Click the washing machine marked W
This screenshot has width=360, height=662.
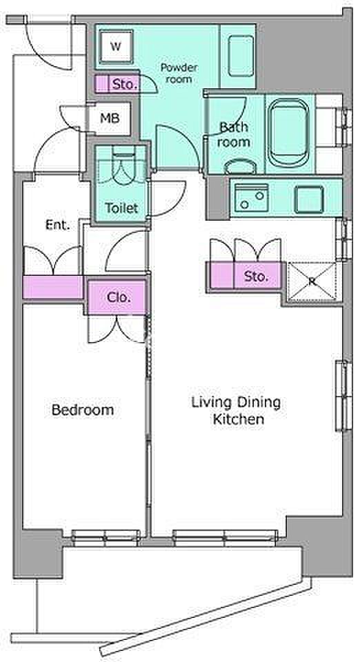point(116,46)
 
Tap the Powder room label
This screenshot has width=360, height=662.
point(179,73)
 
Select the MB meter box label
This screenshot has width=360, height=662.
point(109,119)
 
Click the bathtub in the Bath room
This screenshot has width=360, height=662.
point(289,133)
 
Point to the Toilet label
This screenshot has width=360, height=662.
point(121,208)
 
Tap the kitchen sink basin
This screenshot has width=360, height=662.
point(252,198)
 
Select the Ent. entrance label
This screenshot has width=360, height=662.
point(57,225)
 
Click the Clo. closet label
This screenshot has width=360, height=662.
point(118,297)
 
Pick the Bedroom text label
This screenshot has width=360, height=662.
point(83,410)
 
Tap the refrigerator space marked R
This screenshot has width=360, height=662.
point(312,281)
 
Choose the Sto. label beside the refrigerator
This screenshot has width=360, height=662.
point(257,277)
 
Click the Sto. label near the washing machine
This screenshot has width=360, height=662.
point(125,84)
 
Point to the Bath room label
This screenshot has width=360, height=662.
point(234,134)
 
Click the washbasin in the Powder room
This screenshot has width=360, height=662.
point(241,55)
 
